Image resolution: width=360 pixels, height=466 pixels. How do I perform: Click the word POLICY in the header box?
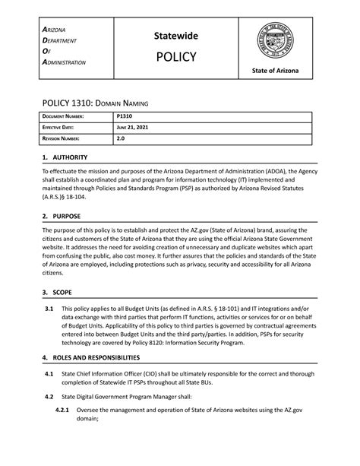click(175, 58)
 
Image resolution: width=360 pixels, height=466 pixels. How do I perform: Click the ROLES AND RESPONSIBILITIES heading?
click(101, 357)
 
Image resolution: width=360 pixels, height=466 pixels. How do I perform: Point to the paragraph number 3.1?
click(48, 309)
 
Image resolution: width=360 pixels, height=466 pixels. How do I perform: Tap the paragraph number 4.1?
click(48, 374)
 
